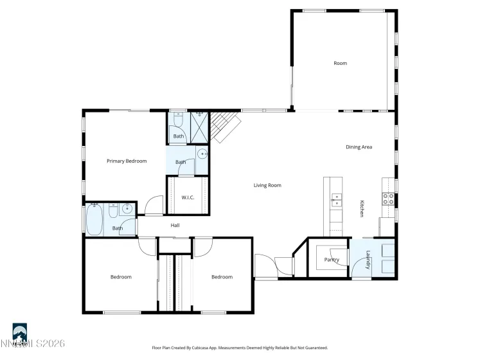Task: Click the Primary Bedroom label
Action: (127, 161)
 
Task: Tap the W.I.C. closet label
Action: (188, 197)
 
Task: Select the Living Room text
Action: (267, 186)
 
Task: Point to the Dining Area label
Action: (359, 147)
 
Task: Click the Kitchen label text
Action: (362, 209)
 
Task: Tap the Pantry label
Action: (332, 260)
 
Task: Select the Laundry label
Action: (368, 260)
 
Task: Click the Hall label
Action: (175, 226)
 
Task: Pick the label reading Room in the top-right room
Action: (340, 63)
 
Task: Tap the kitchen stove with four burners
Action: (389, 199)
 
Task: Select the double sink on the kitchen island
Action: (336, 200)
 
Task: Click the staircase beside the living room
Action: (226, 125)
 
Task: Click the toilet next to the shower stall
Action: (178, 120)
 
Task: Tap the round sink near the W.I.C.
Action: (202, 154)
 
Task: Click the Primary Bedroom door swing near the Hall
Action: (154, 206)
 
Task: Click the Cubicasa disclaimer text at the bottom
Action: (240, 348)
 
